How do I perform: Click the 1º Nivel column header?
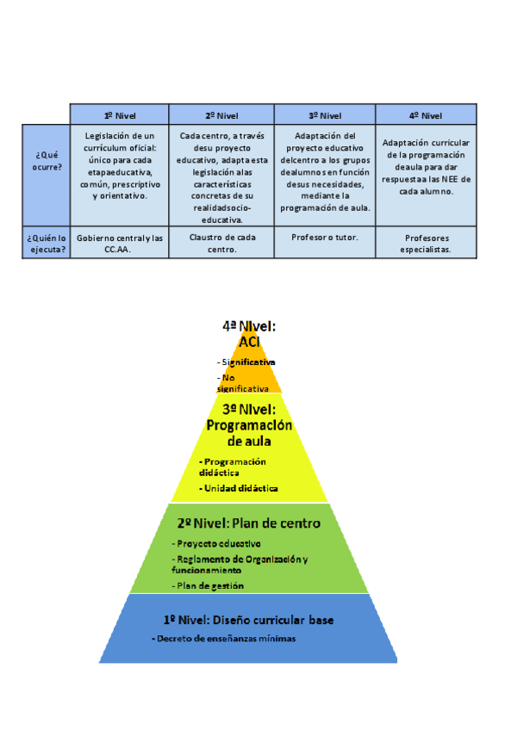[x=119, y=114]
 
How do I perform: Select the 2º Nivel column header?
[x=221, y=114]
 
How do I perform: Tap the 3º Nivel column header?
[x=325, y=114]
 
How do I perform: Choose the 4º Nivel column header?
[x=426, y=114]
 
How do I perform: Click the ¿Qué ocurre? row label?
[x=48, y=160]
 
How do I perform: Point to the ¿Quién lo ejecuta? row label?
[x=47, y=243]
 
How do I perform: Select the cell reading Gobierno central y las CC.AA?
[x=120, y=243]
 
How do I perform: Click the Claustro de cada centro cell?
[x=221, y=243]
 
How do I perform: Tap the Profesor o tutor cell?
[x=325, y=237]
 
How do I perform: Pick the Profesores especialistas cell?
[x=426, y=244]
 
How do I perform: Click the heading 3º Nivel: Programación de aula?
[x=249, y=424]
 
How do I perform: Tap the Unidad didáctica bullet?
[x=240, y=488]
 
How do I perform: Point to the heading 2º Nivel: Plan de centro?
[x=248, y=523]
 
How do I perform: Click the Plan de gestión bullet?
[x=209, y=585]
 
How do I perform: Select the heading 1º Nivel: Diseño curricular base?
[x=248, y=619]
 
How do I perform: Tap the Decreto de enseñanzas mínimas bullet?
[x=224, y=639]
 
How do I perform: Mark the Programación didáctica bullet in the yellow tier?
[x=234, y=467]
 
